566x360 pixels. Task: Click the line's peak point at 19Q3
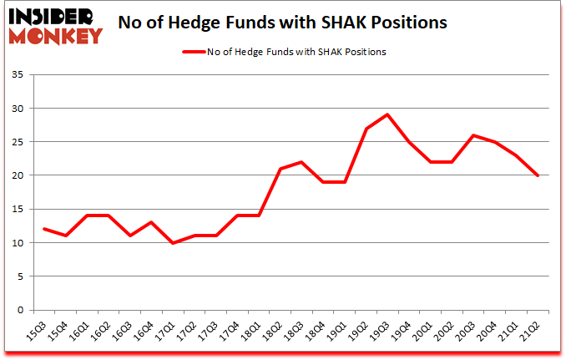pyautogui.click(x=387, y=114)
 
